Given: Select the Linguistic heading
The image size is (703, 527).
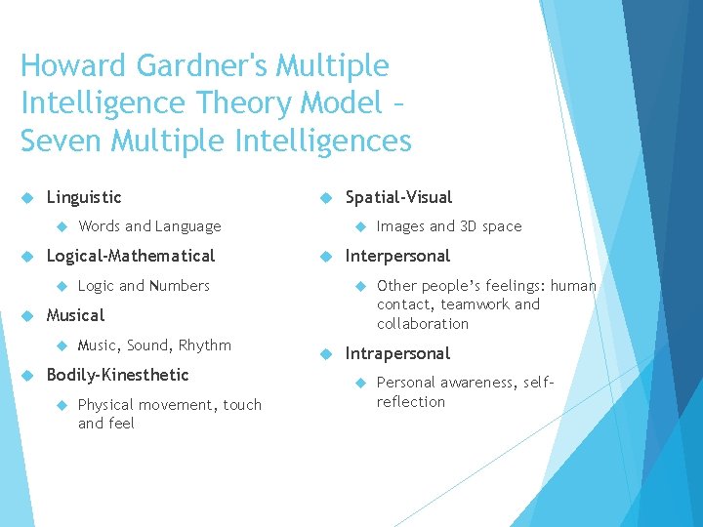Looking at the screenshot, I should tap(84, 197).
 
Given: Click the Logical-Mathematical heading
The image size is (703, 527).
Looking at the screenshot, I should tap(131, 256).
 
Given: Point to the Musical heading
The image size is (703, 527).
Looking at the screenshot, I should tap(75, 315).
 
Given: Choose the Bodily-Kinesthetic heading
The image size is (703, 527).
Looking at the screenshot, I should tap(117, 375).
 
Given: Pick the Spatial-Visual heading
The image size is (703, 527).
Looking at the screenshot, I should tap(398, 197).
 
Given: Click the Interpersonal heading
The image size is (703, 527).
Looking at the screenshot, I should tap(397, 256).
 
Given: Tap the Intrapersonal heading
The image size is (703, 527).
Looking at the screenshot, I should tap(397, 353).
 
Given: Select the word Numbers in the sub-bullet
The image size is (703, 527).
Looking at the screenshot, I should tap(180, 286).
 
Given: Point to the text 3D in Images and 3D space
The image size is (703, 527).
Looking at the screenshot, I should tap(470, 226).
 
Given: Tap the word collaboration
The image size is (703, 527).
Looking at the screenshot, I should tap(423, 324).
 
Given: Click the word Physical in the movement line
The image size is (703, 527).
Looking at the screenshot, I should tap(106, 405).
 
